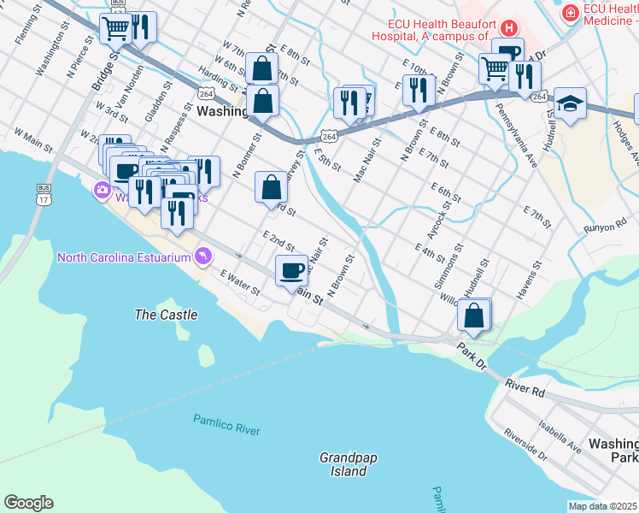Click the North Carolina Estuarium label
pos(124,257)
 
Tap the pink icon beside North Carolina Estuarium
pos(202,255)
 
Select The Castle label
pos(166,315)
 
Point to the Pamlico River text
pos(226,425)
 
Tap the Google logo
pos(28,503)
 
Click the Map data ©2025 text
pos(602,506)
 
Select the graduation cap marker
pos(570,104)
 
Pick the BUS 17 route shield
pos(44,194)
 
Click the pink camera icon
pos(102,189)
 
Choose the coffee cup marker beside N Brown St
pos(291,270)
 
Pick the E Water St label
pos(239,284)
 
